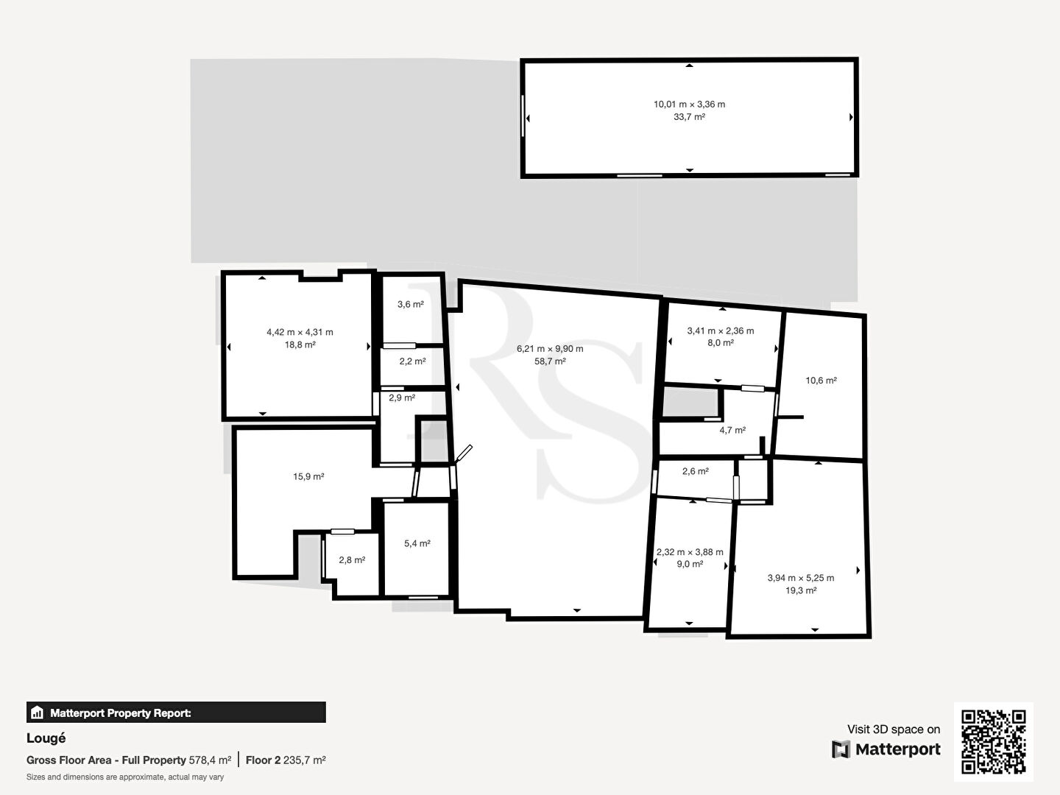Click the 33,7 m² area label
689,117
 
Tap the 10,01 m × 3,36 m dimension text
689,105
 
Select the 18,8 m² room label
300,344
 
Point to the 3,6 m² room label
411,305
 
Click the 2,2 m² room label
412,361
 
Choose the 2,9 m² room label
402,397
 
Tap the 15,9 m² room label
308,476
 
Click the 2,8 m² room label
352,560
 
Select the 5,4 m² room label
417,543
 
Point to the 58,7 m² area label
550,361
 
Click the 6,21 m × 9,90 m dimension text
550,348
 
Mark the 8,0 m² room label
721,343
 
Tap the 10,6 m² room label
821,381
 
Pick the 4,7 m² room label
732,430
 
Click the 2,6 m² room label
696,471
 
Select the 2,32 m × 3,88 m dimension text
690,552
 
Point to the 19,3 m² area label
801,590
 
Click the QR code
993,741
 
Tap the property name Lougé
46,738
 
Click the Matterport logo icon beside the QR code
841,749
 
